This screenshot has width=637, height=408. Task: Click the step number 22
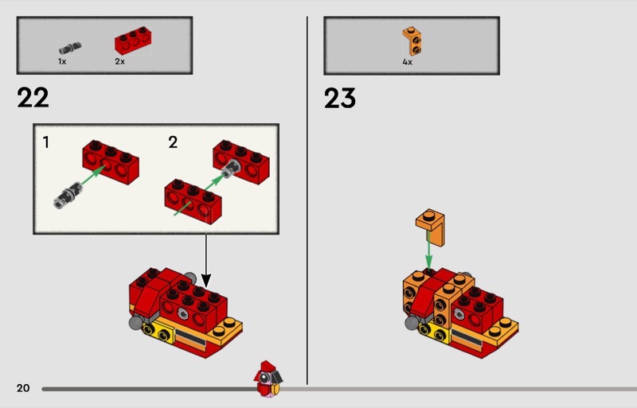pos(33,98)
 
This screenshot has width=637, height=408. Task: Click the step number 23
pos(340,99)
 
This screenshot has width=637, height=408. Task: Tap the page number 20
pos(23,388)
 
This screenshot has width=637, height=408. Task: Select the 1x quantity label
pos(62,62)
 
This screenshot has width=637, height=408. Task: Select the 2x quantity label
pos(120,62)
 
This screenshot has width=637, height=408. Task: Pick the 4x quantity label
pos(408,62)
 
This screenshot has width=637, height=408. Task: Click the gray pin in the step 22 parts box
pos(70,49)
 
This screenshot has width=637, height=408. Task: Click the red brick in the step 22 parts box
pos(133,41)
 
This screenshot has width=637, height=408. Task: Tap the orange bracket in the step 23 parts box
pos(412,41)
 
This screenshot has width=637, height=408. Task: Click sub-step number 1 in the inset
pos(46,142)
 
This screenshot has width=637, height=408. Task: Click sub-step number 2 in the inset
pos(173,142)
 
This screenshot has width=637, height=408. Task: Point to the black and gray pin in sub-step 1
pos(68,196)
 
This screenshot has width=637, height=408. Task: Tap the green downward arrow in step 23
pos(428,251)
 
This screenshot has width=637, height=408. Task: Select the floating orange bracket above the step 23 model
pos(430,227)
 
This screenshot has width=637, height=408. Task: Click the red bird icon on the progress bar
pos(268,379)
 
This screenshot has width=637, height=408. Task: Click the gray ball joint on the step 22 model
pos(135,323)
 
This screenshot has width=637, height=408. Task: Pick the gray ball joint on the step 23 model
pos(412,323)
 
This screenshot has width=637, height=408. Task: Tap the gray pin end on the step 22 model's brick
pos(183,313)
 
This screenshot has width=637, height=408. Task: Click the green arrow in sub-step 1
pos(93,176)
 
